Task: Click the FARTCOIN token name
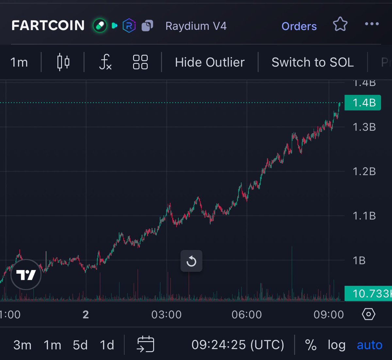click(48, 26)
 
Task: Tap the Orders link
click(299, 26)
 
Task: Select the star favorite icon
click(340, 25)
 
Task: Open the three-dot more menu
click(372, 24)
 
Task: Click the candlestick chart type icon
click(63, 62)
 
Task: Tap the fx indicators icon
click(105, 62)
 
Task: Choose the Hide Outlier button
click(210, 62)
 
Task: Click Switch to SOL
click(313, 62)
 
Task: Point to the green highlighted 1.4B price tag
click(363, 103)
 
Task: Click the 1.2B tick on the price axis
click(364, 171)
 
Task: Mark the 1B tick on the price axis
click(359, 261)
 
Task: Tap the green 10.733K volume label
click(368, 293)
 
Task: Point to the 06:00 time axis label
click(247, 315)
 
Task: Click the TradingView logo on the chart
click(26, 275)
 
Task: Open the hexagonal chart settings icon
click(368, 315)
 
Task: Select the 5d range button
click(80, 345)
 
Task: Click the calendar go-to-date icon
click(146, 344)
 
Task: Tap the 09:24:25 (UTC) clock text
click(237, 345)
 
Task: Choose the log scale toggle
click(336, 345)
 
